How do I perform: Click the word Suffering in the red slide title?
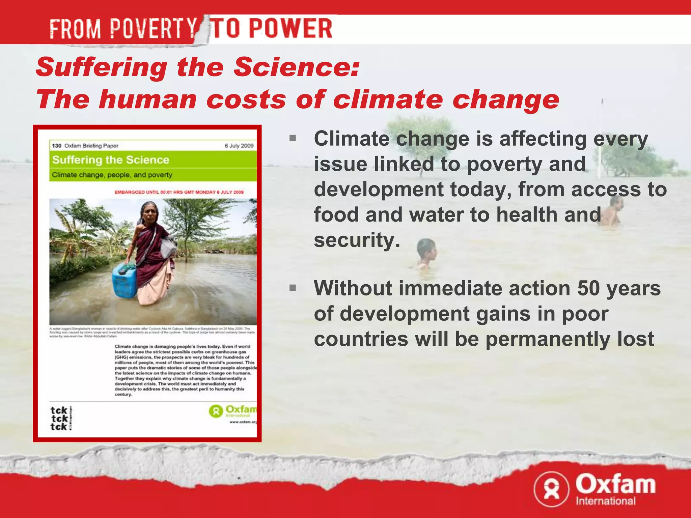[x=102, y=67]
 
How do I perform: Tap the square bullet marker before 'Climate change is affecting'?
[x=293, y=138]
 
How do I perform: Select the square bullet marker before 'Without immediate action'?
[x=293, y=288]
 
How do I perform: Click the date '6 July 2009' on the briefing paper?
[x=239, y=146]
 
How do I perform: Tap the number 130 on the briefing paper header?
[x=56, y=146]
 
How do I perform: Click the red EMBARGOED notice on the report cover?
[x=179, y=192]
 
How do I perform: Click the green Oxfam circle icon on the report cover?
[x=216, y=411]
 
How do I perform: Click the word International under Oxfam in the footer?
[x=605, y=501]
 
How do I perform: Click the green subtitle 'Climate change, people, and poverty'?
[x=112, y=175]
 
